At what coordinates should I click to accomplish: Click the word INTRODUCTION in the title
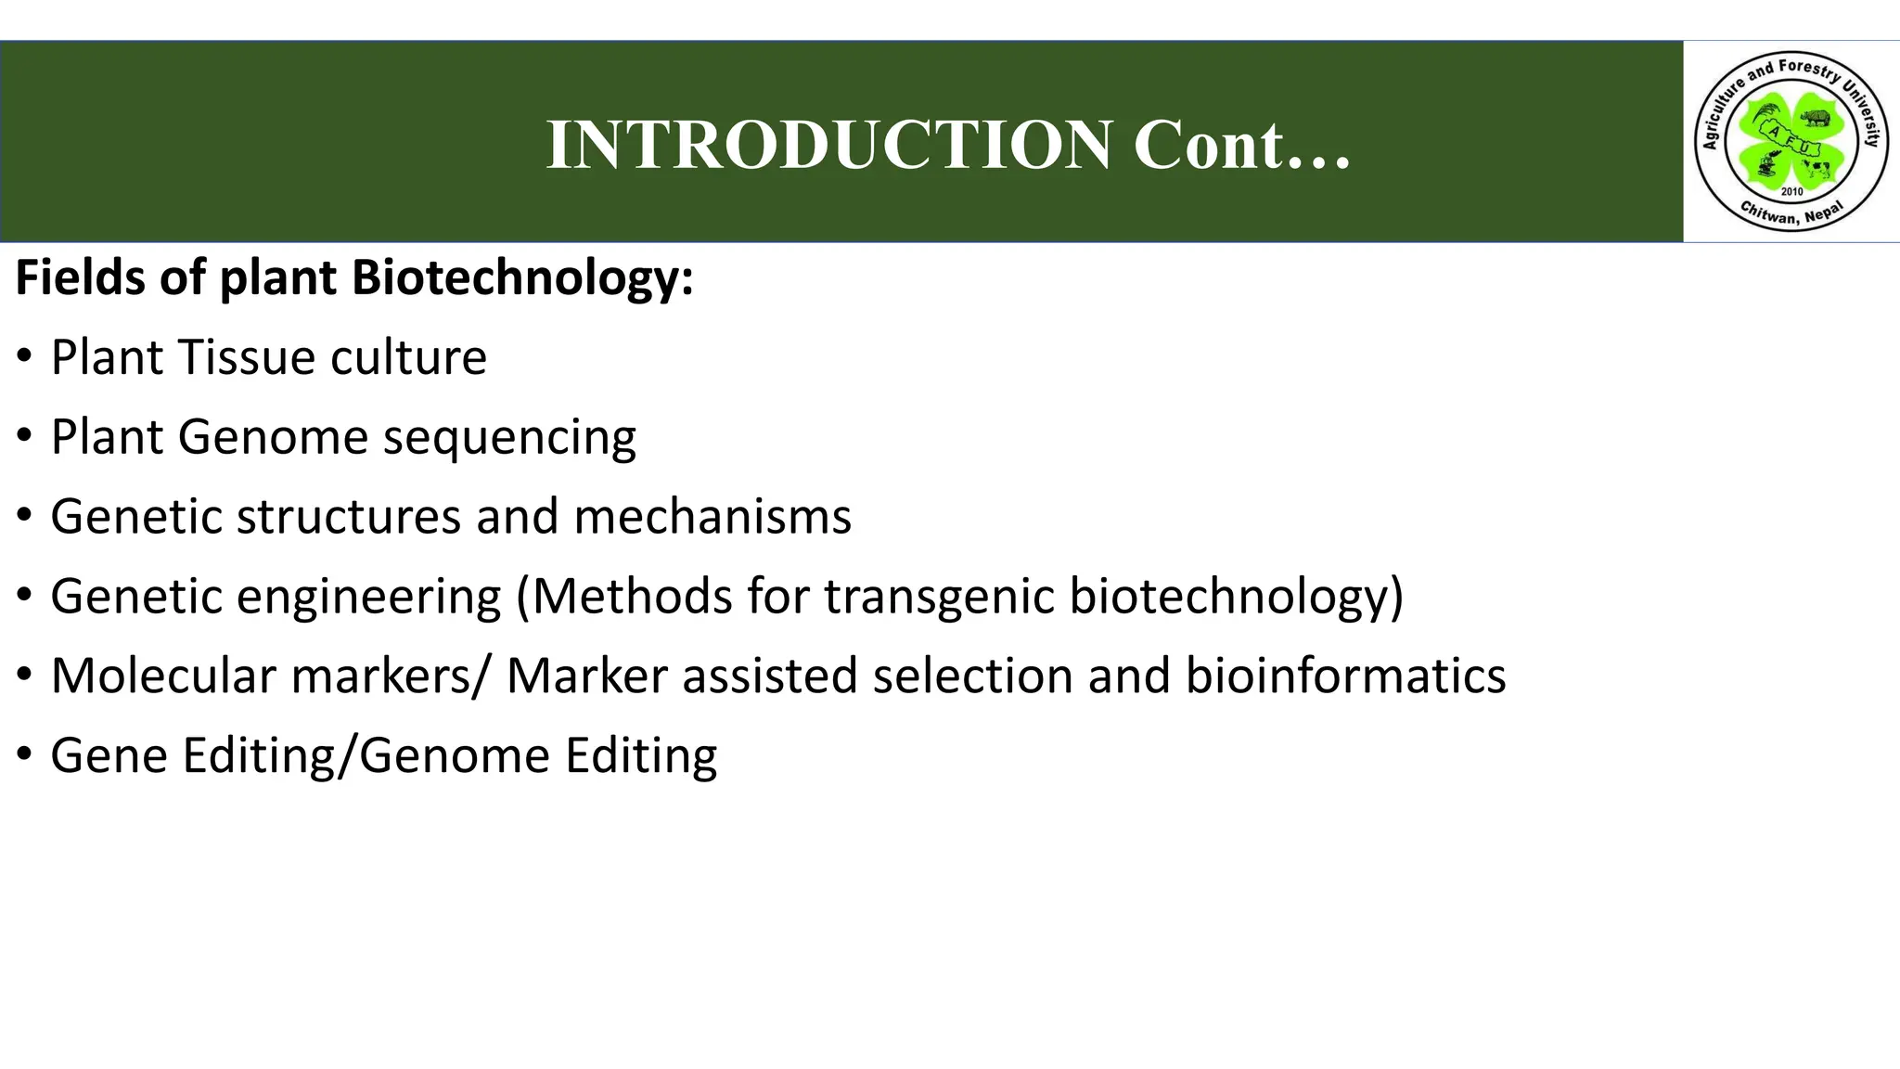[829, 146]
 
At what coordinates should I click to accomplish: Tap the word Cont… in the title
[1241, 146]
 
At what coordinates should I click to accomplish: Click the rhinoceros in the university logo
[1815, 118]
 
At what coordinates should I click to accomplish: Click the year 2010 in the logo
[1791, 191]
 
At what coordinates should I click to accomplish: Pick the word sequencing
[509, 438]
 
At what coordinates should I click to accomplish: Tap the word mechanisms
[712, 517]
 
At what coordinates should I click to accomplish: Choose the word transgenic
[939, 597]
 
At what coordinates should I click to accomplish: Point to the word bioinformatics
[1345, 676]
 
